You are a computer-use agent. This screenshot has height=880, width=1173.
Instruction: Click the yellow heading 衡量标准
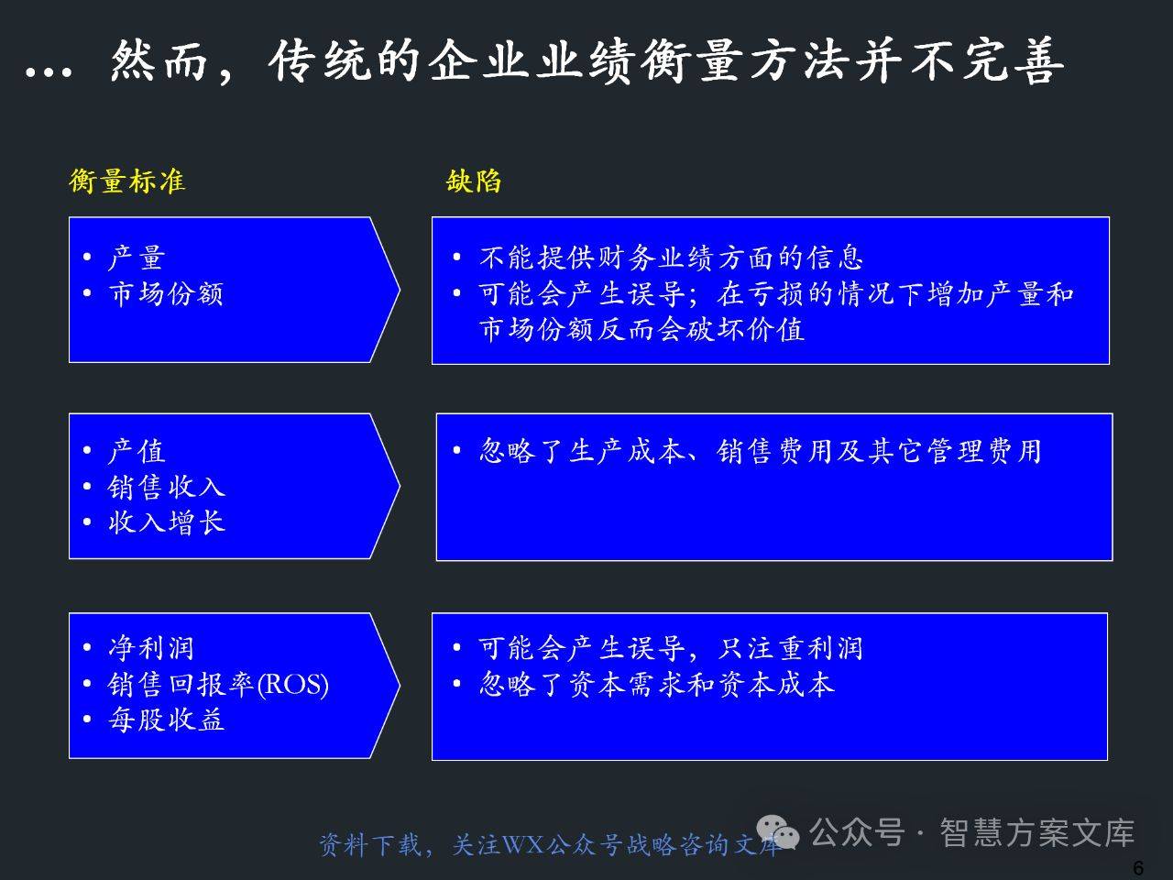pos(127,181)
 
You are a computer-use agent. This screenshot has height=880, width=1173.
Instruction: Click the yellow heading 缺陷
pos(474,181)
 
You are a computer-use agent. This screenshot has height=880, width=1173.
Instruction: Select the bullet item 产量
pos(137,258)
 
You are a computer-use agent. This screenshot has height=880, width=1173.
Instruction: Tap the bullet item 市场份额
pos(166,293)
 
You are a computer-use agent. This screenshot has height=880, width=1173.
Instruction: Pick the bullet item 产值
pos(137,451)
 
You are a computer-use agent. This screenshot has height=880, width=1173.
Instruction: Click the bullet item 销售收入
pos(166,487)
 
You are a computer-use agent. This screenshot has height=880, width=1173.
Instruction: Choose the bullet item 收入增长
pos(166,522)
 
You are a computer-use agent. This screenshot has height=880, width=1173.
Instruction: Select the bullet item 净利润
pos(151,648)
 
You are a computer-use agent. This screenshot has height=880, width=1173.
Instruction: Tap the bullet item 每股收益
pos(166,720)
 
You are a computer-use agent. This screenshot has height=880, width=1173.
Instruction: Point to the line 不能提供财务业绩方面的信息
pos(671,258)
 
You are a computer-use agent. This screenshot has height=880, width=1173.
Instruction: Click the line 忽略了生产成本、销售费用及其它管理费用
pos(761,451)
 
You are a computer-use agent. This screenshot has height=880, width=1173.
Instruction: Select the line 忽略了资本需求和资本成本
pos(656,684)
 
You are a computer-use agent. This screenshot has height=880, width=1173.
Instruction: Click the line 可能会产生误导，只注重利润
pos(671,648)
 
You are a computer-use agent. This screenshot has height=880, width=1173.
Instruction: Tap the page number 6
pos(1138,867)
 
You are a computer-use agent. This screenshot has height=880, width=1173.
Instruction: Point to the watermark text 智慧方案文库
pos(1036,832)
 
